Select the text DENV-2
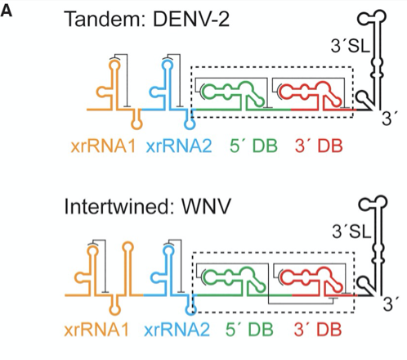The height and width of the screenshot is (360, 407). [x=191, y=19]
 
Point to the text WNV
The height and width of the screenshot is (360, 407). [x=206, y=205]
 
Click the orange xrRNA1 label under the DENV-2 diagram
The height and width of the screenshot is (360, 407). [x=103, y=146]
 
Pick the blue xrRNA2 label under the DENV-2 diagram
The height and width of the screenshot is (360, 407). [x=179, y=146]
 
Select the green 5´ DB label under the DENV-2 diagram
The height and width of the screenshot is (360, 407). [x=254, y=146]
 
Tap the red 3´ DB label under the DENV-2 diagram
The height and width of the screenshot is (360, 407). [x=319, y=146]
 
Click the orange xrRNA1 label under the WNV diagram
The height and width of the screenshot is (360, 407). [x=96, y=330]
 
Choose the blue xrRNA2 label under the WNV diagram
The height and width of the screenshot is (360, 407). [x=177, y=330]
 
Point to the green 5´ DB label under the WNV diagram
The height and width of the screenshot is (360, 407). [x=249, y=329]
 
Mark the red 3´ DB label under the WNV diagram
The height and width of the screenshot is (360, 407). [x=318, y=329]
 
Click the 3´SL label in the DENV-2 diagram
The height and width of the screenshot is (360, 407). [x=351, y=46]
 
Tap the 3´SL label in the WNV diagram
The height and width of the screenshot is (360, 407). [x=351, y=232]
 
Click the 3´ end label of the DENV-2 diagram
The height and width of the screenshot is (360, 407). [x=391, y=119]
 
